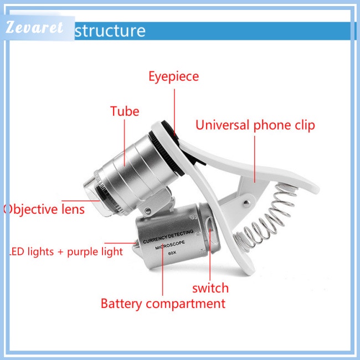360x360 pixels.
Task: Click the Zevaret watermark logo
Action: [36, 29]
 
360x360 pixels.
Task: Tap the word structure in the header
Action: [110, 30]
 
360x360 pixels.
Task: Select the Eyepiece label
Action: [173, 76]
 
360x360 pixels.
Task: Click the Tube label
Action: [125, 111]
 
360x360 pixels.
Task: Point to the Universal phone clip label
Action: [255, 125]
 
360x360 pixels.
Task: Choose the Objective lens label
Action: [44, 209]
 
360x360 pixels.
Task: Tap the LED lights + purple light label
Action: [66, 252]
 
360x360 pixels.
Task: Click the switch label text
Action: [210, 288]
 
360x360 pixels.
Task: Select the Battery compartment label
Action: [163, 304]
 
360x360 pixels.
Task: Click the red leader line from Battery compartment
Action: [163, 277]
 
